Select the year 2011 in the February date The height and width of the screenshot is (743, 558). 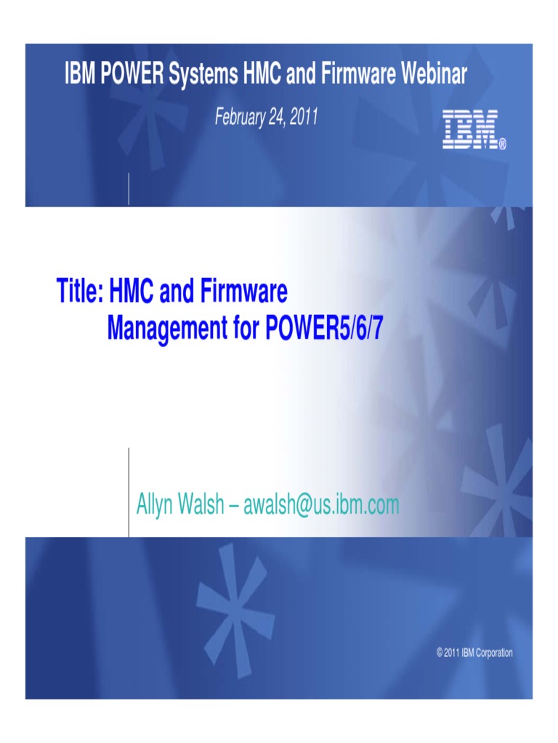[x=304, y=117]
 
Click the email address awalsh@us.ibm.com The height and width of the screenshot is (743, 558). [x=321, y=505]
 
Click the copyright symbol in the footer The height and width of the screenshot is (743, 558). [x=440, y=653]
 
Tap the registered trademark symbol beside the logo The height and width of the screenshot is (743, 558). [x=502, y=145]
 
